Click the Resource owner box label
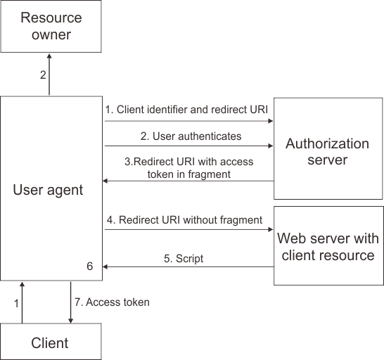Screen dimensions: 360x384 (50, 25)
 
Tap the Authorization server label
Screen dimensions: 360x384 (327, 152)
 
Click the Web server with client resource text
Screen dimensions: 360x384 (328, 246)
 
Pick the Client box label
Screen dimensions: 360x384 (50, 343)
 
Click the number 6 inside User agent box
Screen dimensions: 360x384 (89, 266)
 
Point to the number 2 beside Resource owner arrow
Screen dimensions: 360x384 (42, 75)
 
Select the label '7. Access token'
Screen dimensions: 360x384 (112, 302)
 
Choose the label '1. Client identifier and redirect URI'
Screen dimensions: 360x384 (186, 110)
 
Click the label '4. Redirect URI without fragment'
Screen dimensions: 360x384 (184, 219)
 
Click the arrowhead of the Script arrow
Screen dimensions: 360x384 (105, 266)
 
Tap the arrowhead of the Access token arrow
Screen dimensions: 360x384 (70, 321)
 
